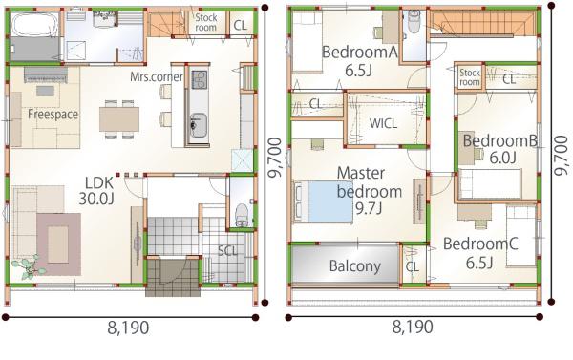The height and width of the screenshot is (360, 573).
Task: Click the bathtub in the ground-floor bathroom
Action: (34, 24)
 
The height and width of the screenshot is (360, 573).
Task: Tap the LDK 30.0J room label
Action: (96, 191)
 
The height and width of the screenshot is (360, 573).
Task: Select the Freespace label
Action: (53, 115)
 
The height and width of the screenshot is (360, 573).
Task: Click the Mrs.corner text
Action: (157, 76)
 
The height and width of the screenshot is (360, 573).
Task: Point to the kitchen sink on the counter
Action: (199, 125)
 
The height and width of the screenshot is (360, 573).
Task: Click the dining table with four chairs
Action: (119, 119)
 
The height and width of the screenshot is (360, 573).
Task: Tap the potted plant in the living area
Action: (29, 267)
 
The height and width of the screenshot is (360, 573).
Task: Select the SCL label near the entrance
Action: (227, 251)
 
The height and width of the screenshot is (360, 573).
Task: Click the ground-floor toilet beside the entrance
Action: (242, 216)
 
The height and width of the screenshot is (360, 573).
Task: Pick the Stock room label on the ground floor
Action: (205, 22)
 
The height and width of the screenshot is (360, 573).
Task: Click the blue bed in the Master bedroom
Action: (323, 201)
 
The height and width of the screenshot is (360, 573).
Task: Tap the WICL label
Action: (383, 123)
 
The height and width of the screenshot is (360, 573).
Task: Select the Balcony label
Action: (355, 265)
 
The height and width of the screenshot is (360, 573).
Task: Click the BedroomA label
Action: (360, 53)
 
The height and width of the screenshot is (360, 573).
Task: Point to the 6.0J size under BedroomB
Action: (502, 158)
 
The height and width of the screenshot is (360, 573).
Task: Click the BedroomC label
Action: (480, 244)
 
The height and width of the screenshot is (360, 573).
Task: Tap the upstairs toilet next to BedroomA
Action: (414, 23)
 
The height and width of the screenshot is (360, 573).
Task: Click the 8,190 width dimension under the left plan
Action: (128, 328)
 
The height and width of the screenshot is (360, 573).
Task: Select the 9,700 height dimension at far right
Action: (561, 156)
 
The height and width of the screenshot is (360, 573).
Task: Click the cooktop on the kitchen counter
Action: (200, 79)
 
